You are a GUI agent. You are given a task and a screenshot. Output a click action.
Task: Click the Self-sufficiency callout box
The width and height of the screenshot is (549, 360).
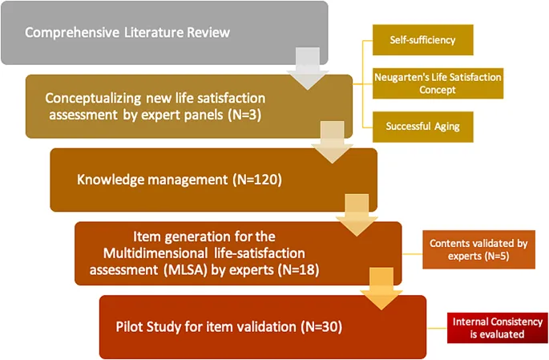[422, 39]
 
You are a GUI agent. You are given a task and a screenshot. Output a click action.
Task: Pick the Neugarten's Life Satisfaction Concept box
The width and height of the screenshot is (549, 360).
[438, 83]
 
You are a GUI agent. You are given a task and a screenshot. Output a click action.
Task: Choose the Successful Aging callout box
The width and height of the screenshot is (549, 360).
[422, 126]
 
